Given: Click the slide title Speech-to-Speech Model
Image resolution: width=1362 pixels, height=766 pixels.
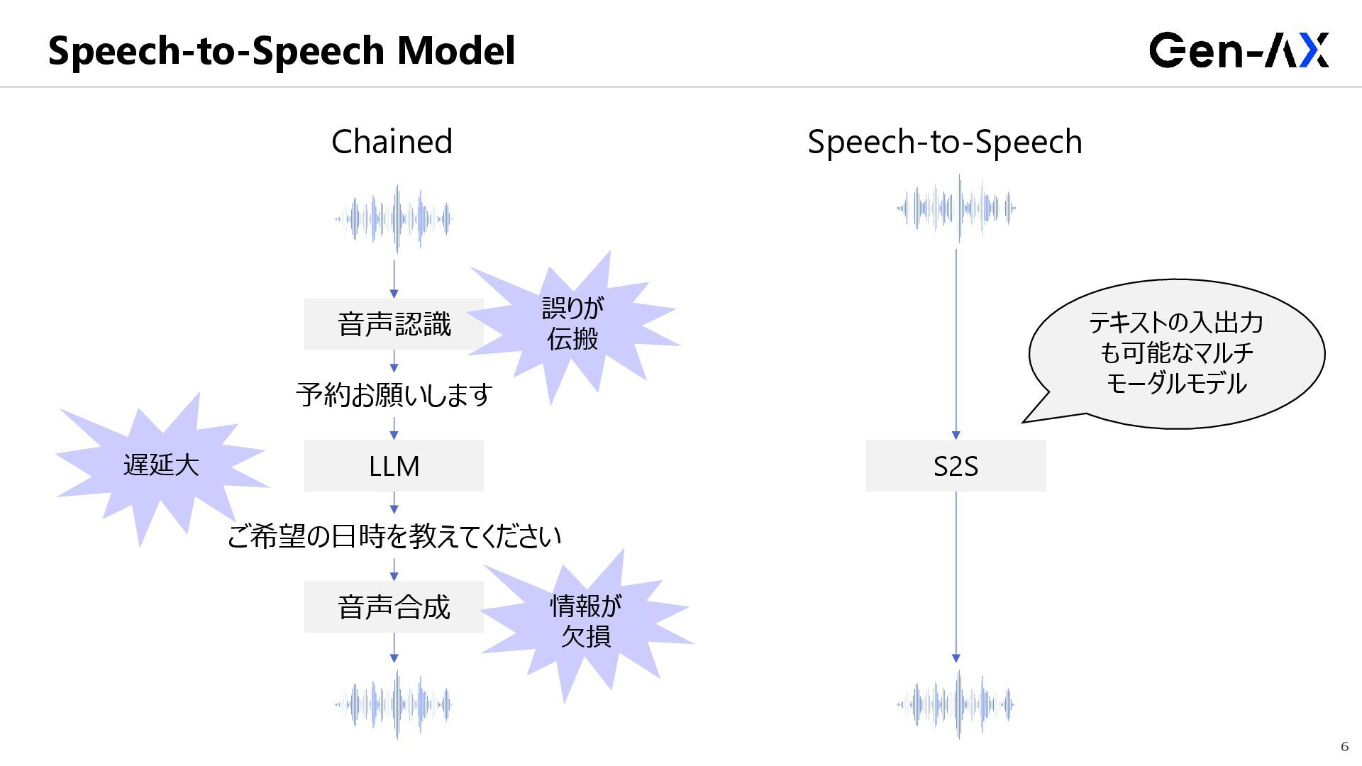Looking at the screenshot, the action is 282,50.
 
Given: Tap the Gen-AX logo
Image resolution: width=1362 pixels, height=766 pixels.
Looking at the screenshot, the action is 1239,50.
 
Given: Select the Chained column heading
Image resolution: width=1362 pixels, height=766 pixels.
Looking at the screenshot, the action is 392,142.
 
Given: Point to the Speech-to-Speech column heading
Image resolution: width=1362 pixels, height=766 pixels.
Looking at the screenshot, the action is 945,142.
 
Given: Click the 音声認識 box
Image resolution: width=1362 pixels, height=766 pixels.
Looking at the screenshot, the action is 394,324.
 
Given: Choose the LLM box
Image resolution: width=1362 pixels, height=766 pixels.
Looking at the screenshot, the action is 394,466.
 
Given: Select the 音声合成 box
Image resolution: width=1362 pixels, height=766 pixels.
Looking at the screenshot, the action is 394,607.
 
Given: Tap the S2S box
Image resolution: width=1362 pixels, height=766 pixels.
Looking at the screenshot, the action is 956,466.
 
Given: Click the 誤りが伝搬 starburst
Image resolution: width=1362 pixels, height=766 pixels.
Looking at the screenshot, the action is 573,323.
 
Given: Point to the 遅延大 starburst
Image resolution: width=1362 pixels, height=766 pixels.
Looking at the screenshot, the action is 162,465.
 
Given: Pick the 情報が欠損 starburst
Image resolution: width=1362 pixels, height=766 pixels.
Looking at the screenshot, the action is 586,621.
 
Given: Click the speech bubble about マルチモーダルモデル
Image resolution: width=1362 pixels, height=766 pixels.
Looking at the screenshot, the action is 1176,353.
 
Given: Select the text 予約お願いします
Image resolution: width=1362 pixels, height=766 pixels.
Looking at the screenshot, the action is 394,395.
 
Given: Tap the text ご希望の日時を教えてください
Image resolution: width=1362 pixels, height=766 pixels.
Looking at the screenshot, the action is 394,536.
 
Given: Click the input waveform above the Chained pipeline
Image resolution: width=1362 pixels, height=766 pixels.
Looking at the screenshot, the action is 394,218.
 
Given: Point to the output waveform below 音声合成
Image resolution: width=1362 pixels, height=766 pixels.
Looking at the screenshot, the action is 394,704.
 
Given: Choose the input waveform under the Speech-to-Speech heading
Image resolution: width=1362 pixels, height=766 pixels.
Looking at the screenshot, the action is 956,209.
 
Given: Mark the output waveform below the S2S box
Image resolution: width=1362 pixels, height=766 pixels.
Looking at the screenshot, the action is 956,704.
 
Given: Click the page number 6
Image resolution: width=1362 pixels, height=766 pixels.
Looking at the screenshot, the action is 1344,746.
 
